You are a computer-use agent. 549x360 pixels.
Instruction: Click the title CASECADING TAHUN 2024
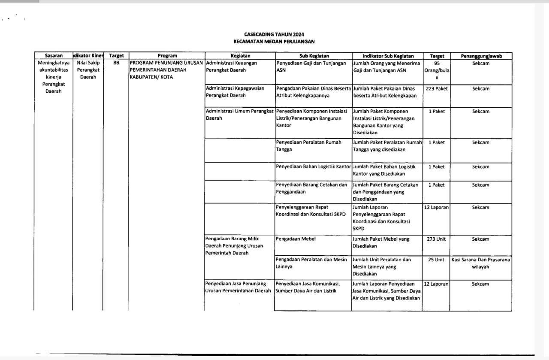pos(274,34)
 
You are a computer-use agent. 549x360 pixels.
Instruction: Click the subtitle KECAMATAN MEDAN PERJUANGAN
pos(274,42)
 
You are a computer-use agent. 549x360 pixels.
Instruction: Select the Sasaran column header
pos(54,56)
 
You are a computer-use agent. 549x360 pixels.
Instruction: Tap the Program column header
pos(167,56)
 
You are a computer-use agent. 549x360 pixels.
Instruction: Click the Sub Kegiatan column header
pos(314,56)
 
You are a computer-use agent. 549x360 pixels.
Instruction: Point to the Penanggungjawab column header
pos(481,56)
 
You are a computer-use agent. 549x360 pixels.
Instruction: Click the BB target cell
pos(116,63)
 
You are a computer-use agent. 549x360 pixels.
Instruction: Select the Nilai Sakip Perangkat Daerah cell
pos(88,70)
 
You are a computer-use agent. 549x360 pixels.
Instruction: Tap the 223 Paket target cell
pos(437,89)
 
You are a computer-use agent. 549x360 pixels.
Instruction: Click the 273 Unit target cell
pos(437,239)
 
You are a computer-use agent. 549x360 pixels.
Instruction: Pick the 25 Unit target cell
pos(437,260)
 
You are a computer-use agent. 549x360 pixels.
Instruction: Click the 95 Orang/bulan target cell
pos(437,70)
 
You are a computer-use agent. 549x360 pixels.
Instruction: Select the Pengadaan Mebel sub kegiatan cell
pos(296,239)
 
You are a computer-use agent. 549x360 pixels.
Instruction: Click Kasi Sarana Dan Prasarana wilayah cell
pos(481,263)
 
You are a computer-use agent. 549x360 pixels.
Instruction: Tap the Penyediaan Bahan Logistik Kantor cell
pos(313,166)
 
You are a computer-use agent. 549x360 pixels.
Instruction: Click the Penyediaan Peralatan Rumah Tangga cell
pos(309,146)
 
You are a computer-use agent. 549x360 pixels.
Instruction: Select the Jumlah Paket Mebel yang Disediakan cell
pos(381,242)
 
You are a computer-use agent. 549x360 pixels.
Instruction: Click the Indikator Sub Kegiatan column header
pos(388,56)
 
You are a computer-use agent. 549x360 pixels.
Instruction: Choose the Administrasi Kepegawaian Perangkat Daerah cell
pos(235,92)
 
